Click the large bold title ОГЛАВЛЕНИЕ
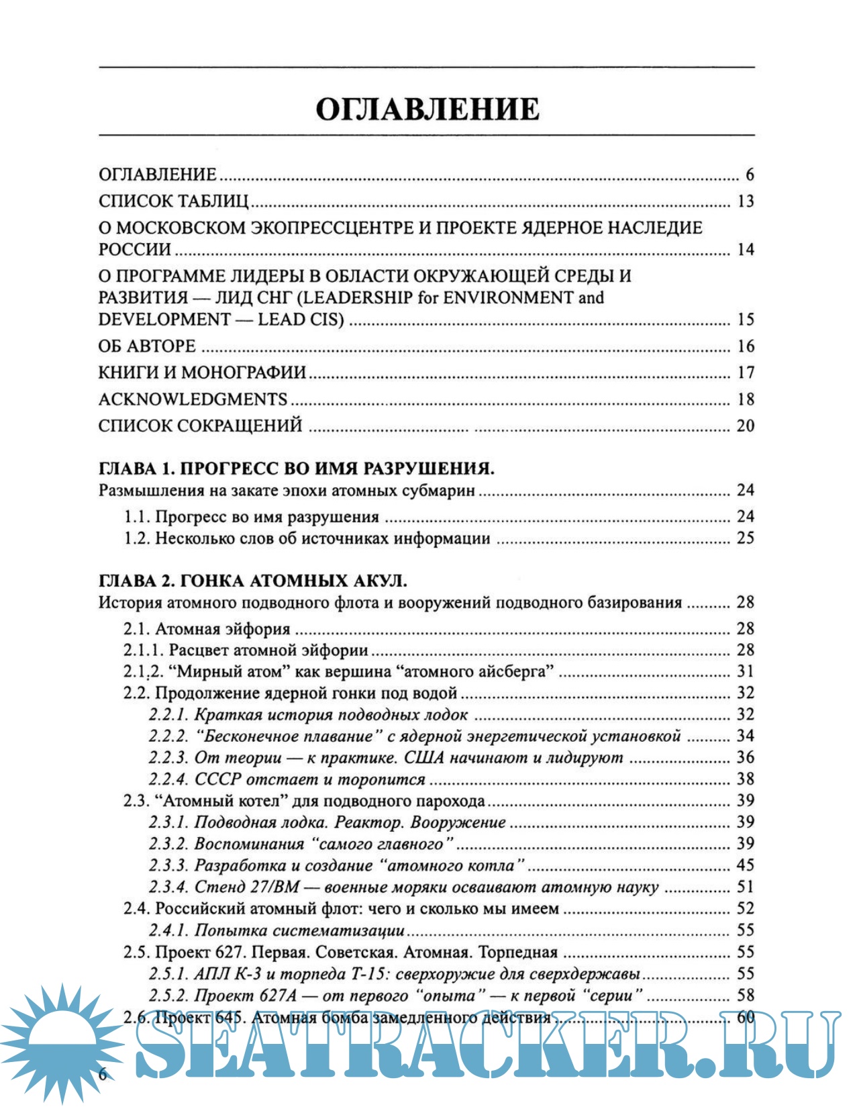click(x=427, y=109)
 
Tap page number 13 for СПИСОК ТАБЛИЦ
click(x=746, y=201)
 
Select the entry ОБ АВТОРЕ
click(x=147, y=346)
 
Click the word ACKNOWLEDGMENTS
click(x=193, y=399)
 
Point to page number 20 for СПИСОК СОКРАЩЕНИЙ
click(x=746, y=426)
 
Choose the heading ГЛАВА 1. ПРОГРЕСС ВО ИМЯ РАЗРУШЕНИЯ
click(x=296, y=468)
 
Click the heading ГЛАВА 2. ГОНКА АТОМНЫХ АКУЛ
click(x=252, y=580)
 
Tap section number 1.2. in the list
click(x=137, y=538)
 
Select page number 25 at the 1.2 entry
click(x=746, y=538)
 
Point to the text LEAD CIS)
click(x=301, y=320)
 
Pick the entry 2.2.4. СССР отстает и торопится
click(x=287, y=779)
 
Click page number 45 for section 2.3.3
click(x=746, y=865)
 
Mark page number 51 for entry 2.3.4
click(x=746, y=887)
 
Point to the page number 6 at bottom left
click(x=103, y=1073)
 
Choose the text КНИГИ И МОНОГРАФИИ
click(x=202, y=373)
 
